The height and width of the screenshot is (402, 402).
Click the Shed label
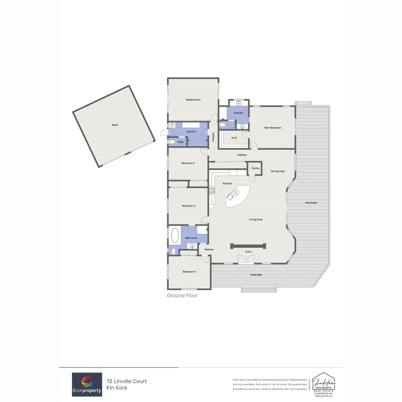click(115, 125)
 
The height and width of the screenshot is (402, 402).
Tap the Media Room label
click(193, 100)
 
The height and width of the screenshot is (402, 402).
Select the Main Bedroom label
click(272, 128)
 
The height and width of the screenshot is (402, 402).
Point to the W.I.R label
click(234, 138)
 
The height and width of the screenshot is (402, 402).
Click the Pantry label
click(255, 168)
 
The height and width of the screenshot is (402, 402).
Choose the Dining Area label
click(278, 171)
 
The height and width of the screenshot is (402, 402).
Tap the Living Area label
click(256, 220)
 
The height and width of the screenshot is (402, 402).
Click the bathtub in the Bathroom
click(175, 235)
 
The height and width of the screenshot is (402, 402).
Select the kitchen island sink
click(236, 192)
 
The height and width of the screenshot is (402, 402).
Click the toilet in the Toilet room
click(172, 142)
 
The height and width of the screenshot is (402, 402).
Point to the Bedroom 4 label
click(189, 272)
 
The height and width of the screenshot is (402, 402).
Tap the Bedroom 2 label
click(188, 163)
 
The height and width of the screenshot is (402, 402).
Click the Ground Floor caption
click(182, 296)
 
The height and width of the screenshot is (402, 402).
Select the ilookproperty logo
click(87, 385)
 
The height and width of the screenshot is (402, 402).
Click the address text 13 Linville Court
click(127, 381)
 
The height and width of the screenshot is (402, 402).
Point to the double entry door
click(246, 260)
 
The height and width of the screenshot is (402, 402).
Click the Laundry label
click(191, 131)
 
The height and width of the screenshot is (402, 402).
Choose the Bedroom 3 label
click(188, 206)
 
